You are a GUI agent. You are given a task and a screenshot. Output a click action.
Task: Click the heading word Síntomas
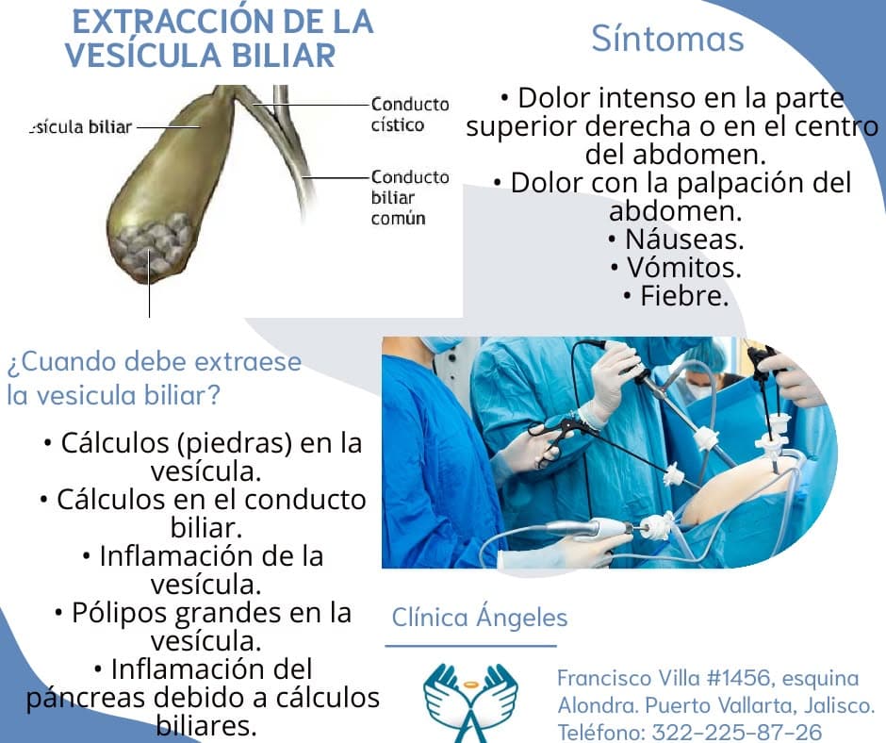pos(667,39)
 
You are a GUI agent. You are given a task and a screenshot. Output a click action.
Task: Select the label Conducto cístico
pos(410,114)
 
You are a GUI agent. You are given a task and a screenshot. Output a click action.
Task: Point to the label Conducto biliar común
pos(410,197)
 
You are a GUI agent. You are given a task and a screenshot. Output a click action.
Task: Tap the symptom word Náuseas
pos(684,239)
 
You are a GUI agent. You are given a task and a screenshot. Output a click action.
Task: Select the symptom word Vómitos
pos(683,268)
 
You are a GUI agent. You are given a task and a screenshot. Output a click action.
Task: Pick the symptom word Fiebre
pos(684,296)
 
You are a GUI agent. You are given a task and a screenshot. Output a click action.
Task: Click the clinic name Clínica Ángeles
pos(480,617)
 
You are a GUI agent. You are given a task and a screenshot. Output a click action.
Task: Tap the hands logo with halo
pos(470,702)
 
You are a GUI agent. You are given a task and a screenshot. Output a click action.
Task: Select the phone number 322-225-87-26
pos(737,732)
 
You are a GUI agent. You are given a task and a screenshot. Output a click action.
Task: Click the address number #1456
pos(738,677)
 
